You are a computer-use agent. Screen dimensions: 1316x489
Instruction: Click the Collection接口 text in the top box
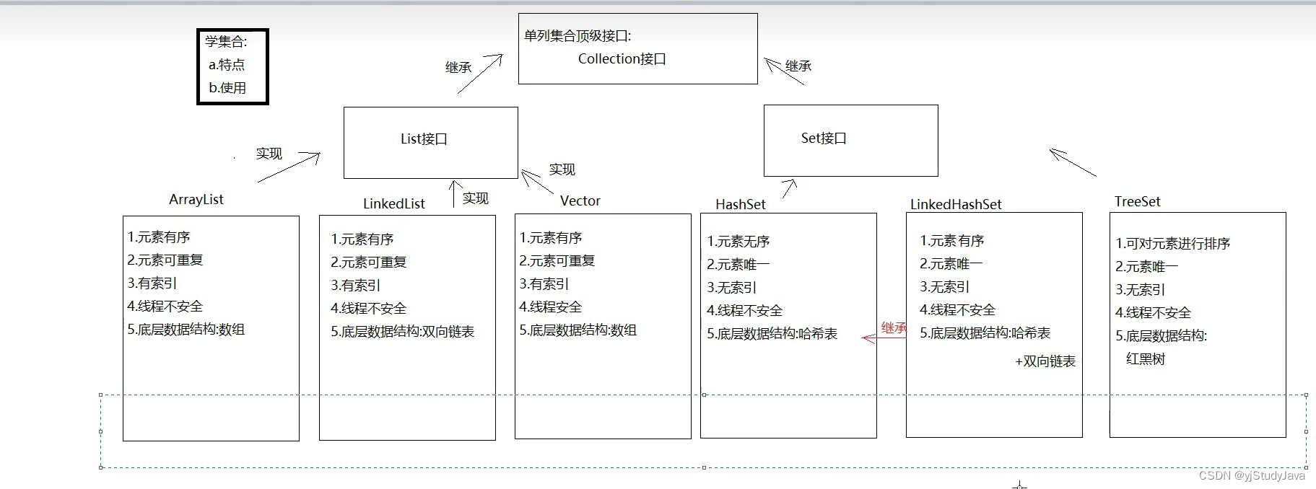[x=622, y=59]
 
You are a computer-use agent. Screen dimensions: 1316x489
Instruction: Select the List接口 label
[x=424, y=138]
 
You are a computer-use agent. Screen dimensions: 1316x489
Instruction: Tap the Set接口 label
[x=823, y=138]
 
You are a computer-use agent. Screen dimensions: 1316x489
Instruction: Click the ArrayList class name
[x=196, y=200]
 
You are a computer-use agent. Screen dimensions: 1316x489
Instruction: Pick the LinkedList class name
[x=393, y=204]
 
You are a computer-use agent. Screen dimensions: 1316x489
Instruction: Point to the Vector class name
[x=580, y=201]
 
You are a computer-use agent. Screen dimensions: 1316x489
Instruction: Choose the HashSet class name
[x=740, y=205]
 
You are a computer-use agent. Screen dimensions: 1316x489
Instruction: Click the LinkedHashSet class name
[x=955, y=205]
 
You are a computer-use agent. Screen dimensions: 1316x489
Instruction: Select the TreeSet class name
[x=1137, y=202]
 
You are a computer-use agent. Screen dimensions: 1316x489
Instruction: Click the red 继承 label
[x=894, y=328]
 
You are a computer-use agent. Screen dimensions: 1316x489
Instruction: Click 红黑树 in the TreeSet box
[x=1145, y=359]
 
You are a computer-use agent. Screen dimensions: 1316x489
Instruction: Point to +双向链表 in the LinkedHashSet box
[x=1045, y=361]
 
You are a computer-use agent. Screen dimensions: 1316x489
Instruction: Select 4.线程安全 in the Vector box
[x=550, y=307]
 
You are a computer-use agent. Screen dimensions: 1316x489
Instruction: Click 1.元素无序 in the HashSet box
[x=738, y=242]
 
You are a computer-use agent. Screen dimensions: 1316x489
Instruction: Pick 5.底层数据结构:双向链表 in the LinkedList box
[x=402, y=332]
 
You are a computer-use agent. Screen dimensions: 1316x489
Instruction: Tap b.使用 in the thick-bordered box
[x=227, y=88]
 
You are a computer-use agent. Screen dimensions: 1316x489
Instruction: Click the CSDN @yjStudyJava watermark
[x=1252, y=476]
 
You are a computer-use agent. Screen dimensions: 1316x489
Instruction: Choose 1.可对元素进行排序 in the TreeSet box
[x=1172, y=244]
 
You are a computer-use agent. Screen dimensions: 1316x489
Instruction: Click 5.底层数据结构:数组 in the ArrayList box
[x=186, y=330]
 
